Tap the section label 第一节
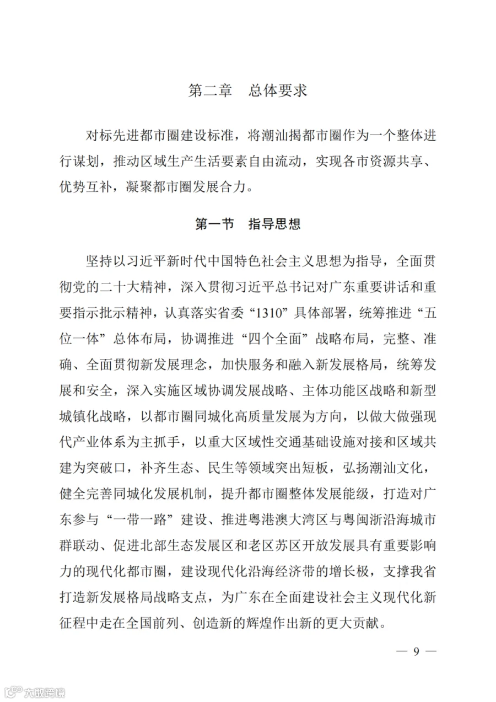214,224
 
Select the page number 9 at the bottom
417,651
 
